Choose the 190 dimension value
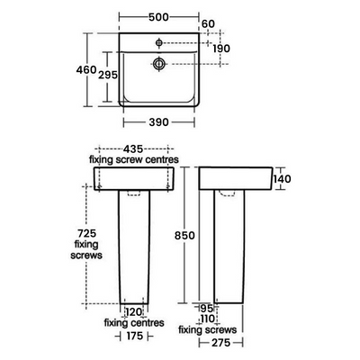[x=220, y=49]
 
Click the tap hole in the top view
[x=159, y=41]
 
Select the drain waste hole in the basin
[x=159, y=63]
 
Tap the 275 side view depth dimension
[x=235, y=343]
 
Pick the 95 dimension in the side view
[x=207, y=309]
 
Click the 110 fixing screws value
[x=208, y=319]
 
